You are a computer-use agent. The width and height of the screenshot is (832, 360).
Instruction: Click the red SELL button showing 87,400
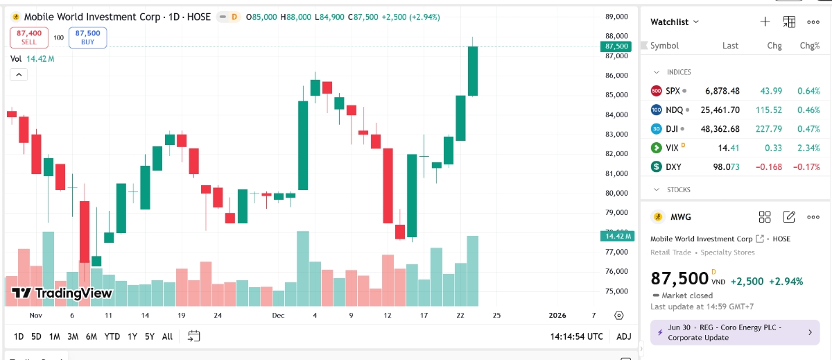[28, 37]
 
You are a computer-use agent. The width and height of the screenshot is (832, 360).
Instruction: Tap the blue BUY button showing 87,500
[87, 37]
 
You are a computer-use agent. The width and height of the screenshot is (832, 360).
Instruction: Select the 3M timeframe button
[73, 336]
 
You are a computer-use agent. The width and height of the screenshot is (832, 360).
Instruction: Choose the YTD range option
[112, 336]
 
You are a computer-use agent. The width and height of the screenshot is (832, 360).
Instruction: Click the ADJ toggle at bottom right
[623, 336]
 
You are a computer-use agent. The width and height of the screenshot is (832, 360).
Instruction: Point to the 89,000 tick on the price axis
[616, 16]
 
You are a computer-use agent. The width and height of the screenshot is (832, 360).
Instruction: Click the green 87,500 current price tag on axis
[616, 46]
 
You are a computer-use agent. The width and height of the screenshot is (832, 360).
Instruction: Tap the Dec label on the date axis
[278, 315]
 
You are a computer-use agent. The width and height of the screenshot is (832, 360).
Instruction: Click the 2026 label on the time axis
[557, 315]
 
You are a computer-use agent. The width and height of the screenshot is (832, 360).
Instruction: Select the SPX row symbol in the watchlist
[673, 91]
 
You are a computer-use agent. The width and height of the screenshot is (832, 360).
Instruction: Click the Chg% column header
[809, 46]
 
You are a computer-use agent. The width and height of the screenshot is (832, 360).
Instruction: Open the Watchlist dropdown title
[674, 22]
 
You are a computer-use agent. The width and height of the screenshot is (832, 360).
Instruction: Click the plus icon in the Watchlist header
[765, 22]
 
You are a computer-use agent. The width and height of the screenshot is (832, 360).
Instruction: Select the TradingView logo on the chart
[62, 293]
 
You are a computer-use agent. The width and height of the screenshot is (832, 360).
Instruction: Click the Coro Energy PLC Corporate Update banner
[731, 332]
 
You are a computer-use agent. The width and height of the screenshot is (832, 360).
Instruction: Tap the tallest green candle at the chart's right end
[473, 71]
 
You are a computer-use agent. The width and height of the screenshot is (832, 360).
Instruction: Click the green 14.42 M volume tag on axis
[616, 236]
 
